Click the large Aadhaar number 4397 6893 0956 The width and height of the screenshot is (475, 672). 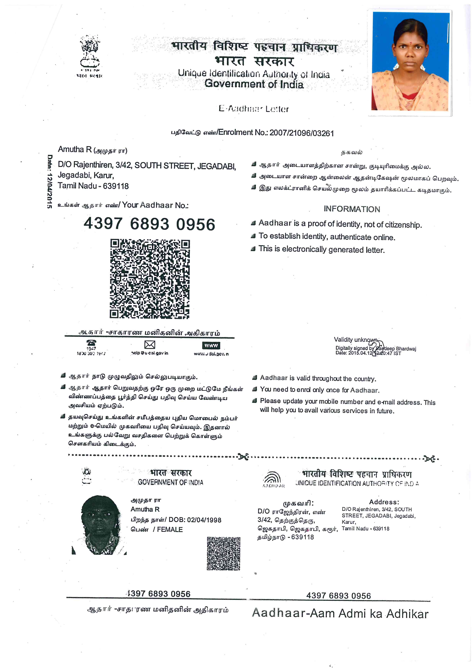(x=149, y=224)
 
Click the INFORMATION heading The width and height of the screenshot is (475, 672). (x=352, y=209)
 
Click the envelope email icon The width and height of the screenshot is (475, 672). (x=150, y=345)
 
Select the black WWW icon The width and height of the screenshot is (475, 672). (x=211, y=345)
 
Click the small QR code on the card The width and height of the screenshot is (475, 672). (x=224, y=553)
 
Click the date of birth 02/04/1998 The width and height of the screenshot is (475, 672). (x=204, y=520)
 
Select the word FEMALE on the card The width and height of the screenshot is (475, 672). (x=170, y=529)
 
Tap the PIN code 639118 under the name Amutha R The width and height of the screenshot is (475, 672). (x=116, y=186)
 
